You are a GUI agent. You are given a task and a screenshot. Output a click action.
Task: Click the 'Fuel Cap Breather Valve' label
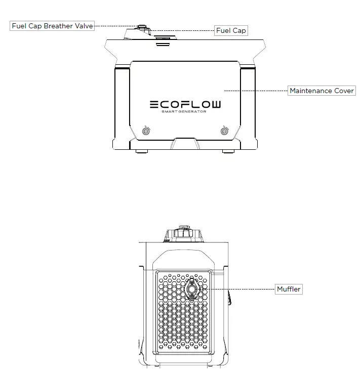pos(52,26)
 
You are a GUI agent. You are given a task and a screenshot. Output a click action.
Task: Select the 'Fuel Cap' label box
pos(231,30)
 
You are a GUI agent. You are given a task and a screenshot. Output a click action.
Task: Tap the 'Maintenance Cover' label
pos(321,91)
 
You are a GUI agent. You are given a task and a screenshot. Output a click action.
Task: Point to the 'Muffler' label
pos(289,289)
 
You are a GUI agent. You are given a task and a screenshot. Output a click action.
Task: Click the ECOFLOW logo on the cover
pos(185,105)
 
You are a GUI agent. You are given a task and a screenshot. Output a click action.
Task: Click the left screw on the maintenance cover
pos(146,131)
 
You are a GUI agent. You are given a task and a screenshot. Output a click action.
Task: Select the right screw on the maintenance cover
pos(224,131)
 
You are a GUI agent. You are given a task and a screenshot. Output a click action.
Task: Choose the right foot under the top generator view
pos(228,150)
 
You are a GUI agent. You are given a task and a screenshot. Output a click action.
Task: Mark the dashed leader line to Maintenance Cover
pos(256,91)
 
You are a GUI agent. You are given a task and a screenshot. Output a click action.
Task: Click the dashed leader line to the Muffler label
pos(238,289)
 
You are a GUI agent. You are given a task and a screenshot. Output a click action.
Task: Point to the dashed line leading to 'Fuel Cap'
pos(182,30)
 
